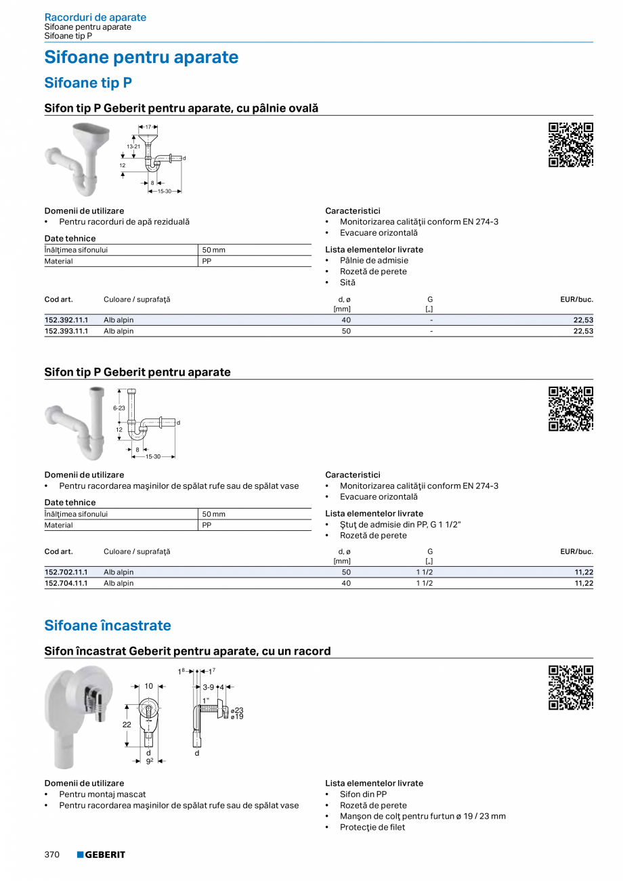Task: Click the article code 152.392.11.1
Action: (x=66, y=320)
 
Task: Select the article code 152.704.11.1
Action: (x=66, y=583)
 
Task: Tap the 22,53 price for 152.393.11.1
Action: (x=583, y=331)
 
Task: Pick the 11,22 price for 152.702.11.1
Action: (x=583, y=572)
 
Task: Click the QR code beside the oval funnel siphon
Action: (x=571, y=145)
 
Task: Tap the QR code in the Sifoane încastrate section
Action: (x=571, y=688)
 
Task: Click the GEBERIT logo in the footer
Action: (x=101, y=855)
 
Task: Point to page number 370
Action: (x=52, y=855)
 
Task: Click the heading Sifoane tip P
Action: (x=88, y=83)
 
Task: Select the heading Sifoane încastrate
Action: (x=108, y=626)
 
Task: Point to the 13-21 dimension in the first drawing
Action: (x=133, y=146)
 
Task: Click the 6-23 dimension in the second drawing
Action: (x=119, y=408)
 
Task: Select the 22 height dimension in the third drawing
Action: (x=127, y=724)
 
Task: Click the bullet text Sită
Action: (x=347, y=282)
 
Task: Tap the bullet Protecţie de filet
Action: (x=372, y=828)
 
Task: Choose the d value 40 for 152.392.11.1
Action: (x=346, y=320)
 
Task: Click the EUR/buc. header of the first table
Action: (x=576, y=299)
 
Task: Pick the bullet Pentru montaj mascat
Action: (x=102, y=794)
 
